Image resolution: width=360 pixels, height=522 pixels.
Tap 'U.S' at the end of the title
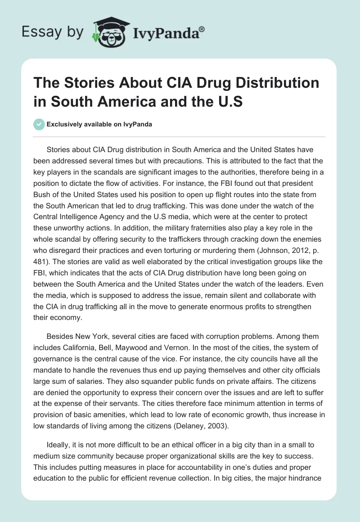[x=229, y=101]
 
